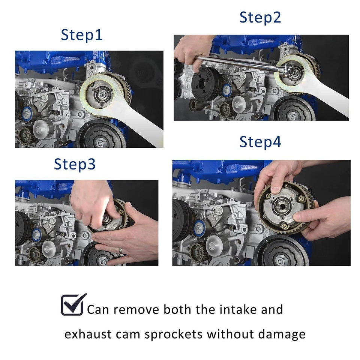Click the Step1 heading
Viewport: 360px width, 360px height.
click(x=81, y=35)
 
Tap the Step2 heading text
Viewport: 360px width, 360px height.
click(x=260, y=18)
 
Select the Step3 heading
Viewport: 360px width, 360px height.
click(x=75, y=164)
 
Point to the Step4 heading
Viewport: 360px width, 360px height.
click(x=260, y=142)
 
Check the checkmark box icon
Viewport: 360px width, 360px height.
click(x=73, y=304)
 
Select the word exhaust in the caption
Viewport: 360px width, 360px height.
click(x=88, y=334)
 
